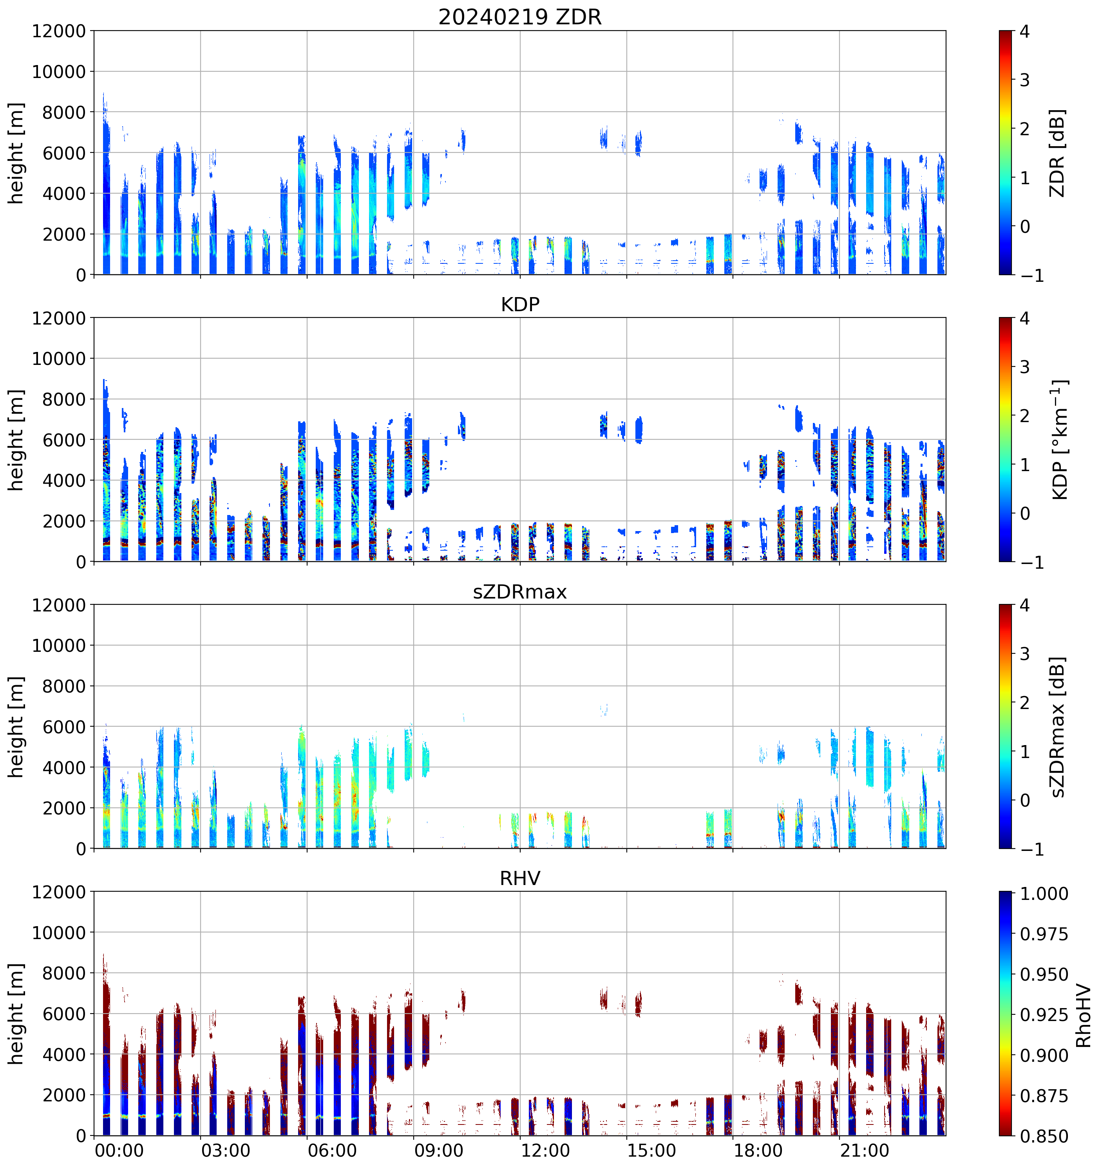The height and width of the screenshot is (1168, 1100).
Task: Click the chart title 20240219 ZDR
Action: tap(520, 17)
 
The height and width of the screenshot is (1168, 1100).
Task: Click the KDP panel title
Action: tap(520, 304)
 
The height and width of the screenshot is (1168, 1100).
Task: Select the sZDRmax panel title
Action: tap(520, 591)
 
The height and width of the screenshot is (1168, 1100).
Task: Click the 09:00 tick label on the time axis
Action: tap(439, 1150)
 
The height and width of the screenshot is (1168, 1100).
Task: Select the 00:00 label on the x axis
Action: tap(119, 1150)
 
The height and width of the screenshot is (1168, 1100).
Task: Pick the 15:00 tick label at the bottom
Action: tap(652, 1150)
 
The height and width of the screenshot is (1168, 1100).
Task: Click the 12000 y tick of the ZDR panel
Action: tap(59, 31)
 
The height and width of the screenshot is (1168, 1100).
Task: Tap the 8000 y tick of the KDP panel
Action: tap(63, 399)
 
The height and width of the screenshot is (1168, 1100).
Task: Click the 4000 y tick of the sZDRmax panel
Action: tap(63, 767)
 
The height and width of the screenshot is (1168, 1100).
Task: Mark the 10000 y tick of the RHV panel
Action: tap(59, 932)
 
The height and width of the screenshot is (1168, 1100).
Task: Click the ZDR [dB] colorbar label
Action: tap(1057, 153)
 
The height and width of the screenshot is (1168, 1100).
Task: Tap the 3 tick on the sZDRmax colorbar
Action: tap(1025, 654)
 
